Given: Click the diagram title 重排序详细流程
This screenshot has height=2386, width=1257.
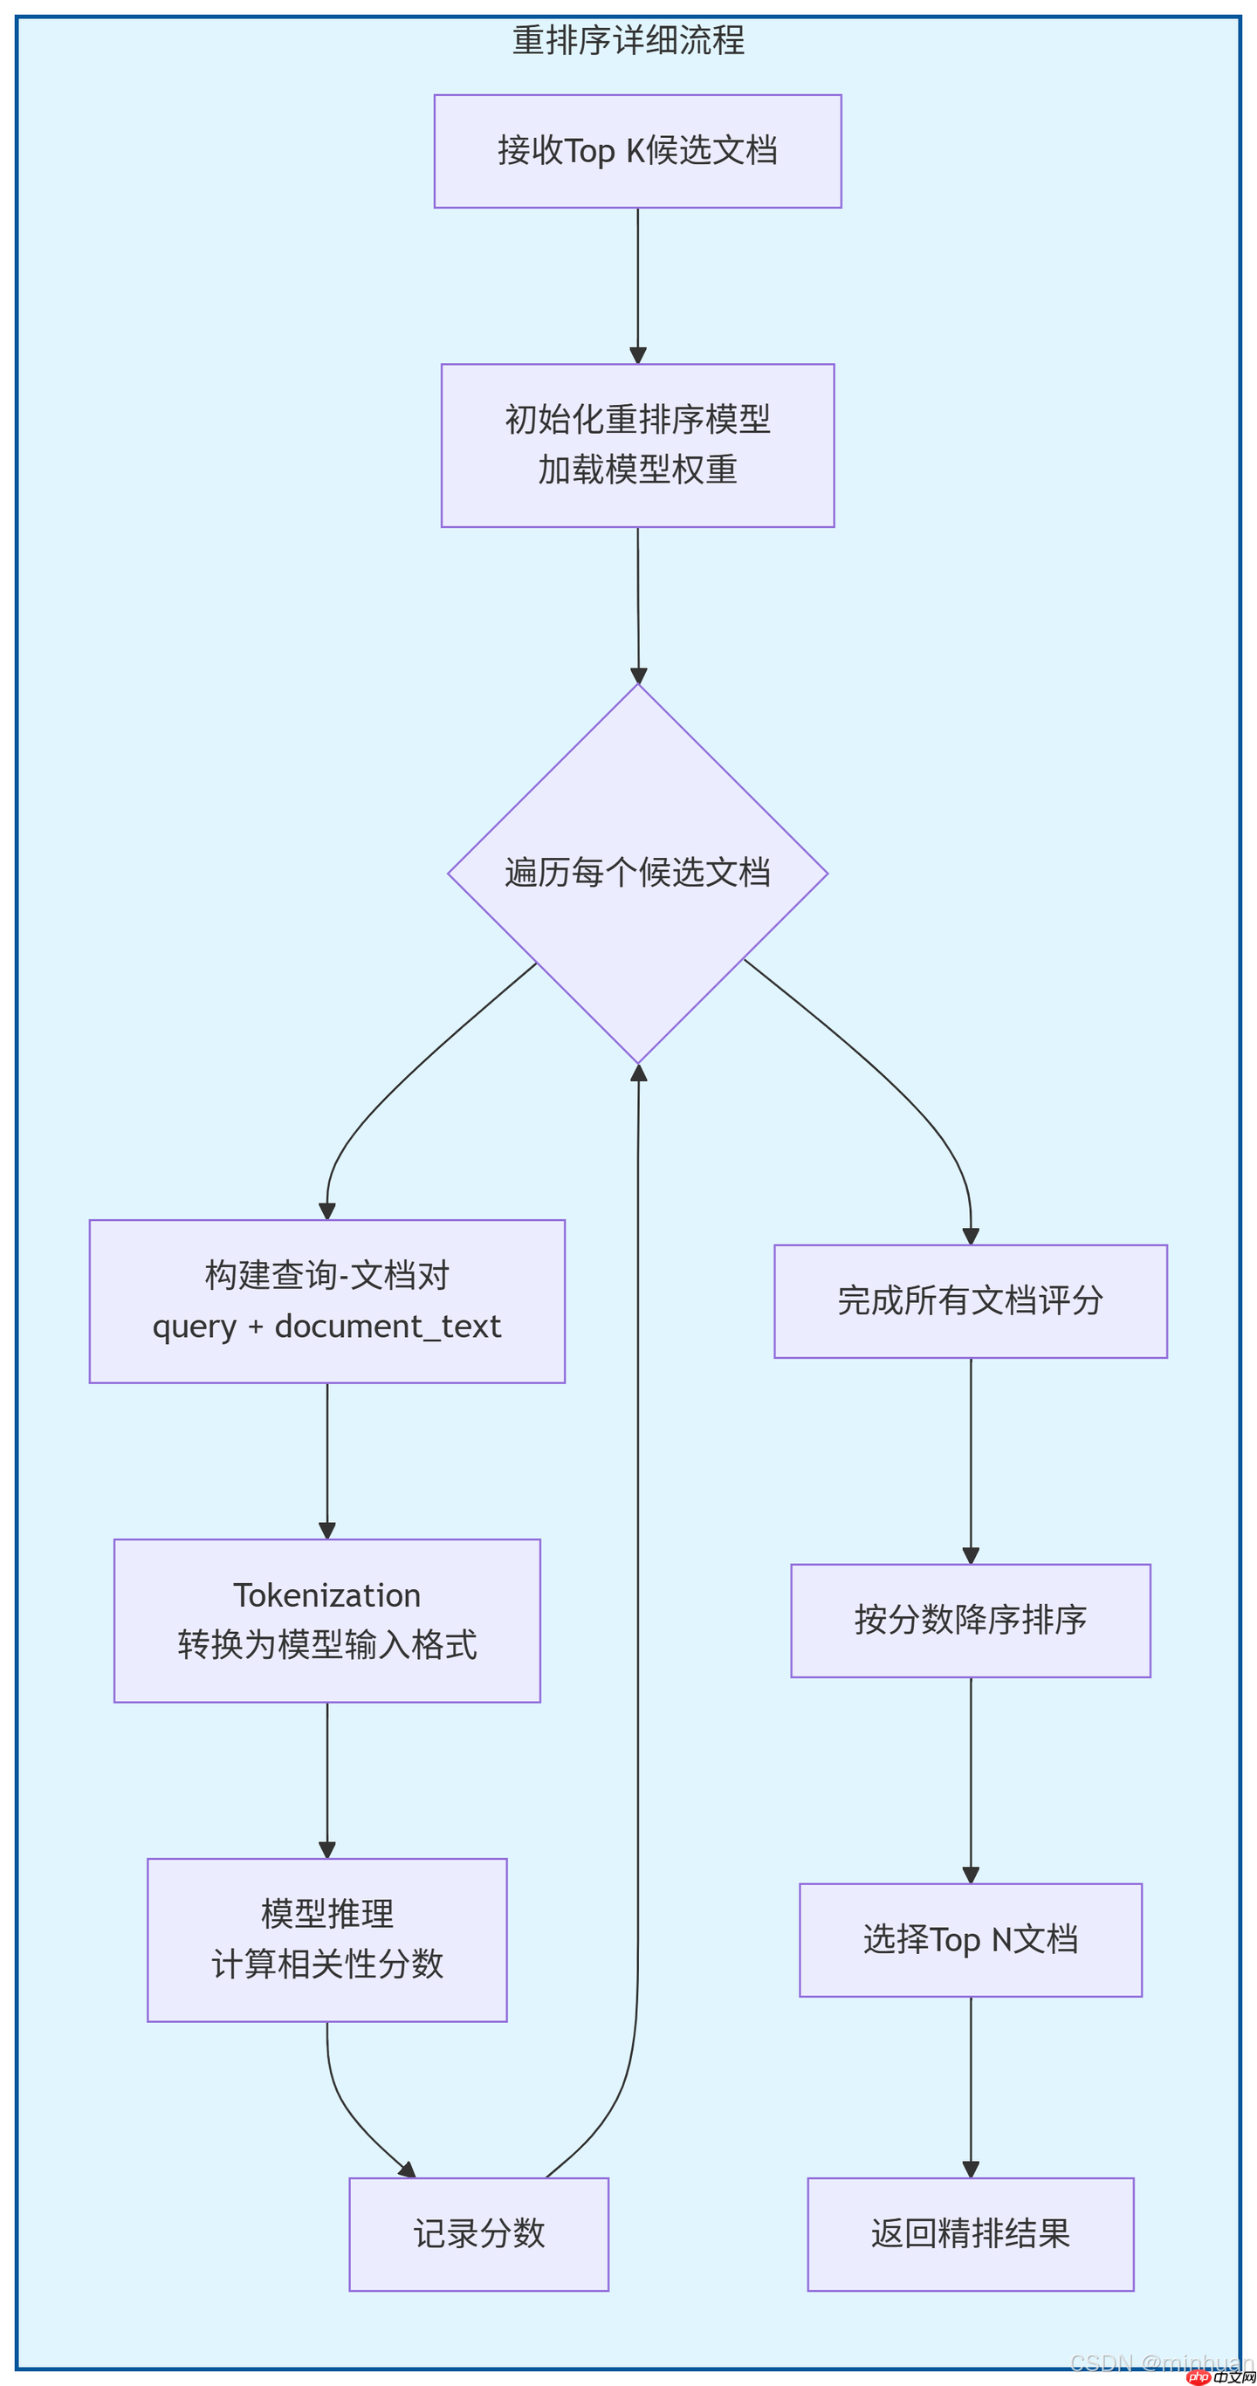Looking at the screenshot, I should tap(628, 41).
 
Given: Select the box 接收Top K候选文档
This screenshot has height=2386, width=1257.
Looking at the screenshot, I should tap(637, 151).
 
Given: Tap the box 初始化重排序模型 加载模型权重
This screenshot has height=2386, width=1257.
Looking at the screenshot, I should tap(637, 446).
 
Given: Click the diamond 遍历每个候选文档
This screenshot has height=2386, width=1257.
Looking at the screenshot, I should tap(637, 873).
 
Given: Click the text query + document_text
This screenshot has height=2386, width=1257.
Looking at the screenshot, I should tap(327, 1327).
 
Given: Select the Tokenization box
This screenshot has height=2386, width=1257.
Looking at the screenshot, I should tap(327, 1620).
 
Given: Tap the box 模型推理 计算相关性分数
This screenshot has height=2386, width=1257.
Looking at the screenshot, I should tap(327, 1939).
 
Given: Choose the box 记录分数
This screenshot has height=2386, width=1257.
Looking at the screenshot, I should tap(479, 2233).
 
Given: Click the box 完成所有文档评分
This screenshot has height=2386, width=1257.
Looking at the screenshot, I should tap(970, 1300).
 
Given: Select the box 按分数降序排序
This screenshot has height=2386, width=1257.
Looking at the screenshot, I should tap(970, 1620).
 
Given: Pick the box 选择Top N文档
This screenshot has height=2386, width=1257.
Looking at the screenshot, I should tap(970, 1939).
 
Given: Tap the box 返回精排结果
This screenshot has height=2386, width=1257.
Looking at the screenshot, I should tap(970, 2233).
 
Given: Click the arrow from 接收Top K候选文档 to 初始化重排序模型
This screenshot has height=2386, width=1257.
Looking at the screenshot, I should tap(637, 283).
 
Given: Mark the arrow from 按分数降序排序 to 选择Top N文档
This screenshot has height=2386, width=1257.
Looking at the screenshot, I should tap(970, 1779).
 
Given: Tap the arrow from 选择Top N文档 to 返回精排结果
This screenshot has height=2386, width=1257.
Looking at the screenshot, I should tap(970, 2084).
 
